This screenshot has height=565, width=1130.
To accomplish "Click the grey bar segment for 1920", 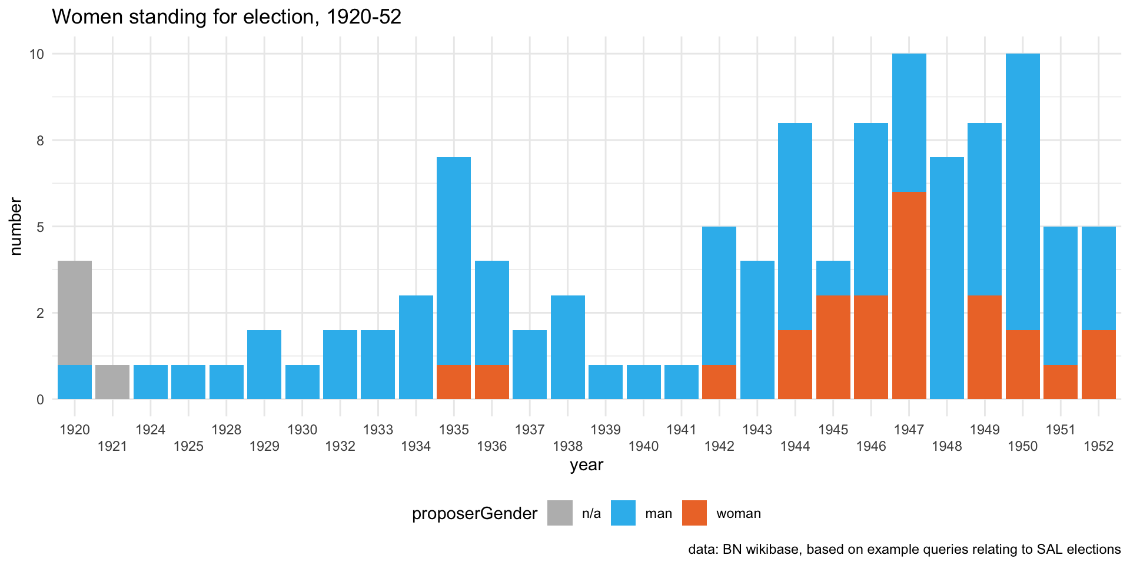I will [x=75, y=313].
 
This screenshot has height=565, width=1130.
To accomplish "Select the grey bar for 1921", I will [x=112, y=382].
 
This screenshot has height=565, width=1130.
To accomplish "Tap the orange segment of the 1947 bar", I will [x=909, y=295].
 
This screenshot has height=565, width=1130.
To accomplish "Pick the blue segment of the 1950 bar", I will [x=1022, y=192].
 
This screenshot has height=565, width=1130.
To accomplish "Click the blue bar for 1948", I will [x=946, y=278].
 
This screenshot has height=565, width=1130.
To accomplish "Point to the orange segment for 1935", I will [x=454, y=382].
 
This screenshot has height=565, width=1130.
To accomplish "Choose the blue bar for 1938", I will [x=567, y=347].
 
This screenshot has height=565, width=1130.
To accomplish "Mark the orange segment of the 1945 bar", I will [x=833, y=347].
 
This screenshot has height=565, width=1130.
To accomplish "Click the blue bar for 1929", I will [x=264, y=364].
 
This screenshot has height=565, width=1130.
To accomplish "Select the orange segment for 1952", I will [x=1098, y=364].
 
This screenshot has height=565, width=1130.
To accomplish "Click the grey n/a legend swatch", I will [x=560, y=513].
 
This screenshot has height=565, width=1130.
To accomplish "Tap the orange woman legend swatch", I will [x=694, y=513].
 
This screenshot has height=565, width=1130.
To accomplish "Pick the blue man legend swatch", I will [x=623, y=513].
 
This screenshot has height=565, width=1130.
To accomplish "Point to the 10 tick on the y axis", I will [x=37, y=54].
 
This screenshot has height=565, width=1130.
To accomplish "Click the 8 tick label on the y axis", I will [x=40, y=141].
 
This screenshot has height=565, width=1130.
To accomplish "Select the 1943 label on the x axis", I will [x=757, y=430].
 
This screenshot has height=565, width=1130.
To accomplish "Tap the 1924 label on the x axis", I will [x=151, y=430].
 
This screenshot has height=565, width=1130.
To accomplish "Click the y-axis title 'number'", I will [x=16, y=227].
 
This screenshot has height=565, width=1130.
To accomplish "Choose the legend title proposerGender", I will [x=474, y=514].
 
